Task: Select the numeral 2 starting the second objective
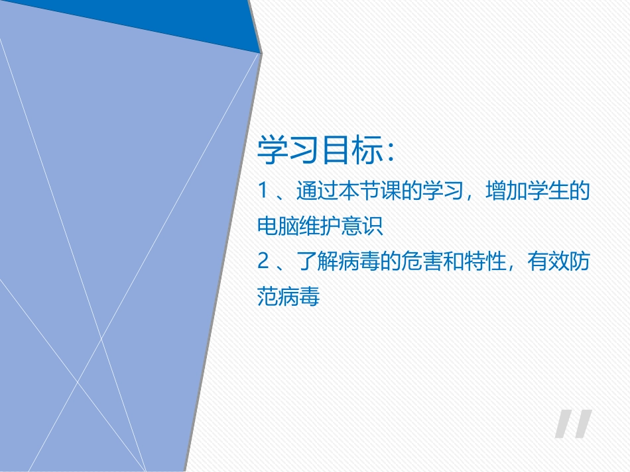(x=262, y=262)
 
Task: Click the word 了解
(x=316, y=262)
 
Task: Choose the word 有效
(x=548, y=262)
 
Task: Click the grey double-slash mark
(x=573, y=424)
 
